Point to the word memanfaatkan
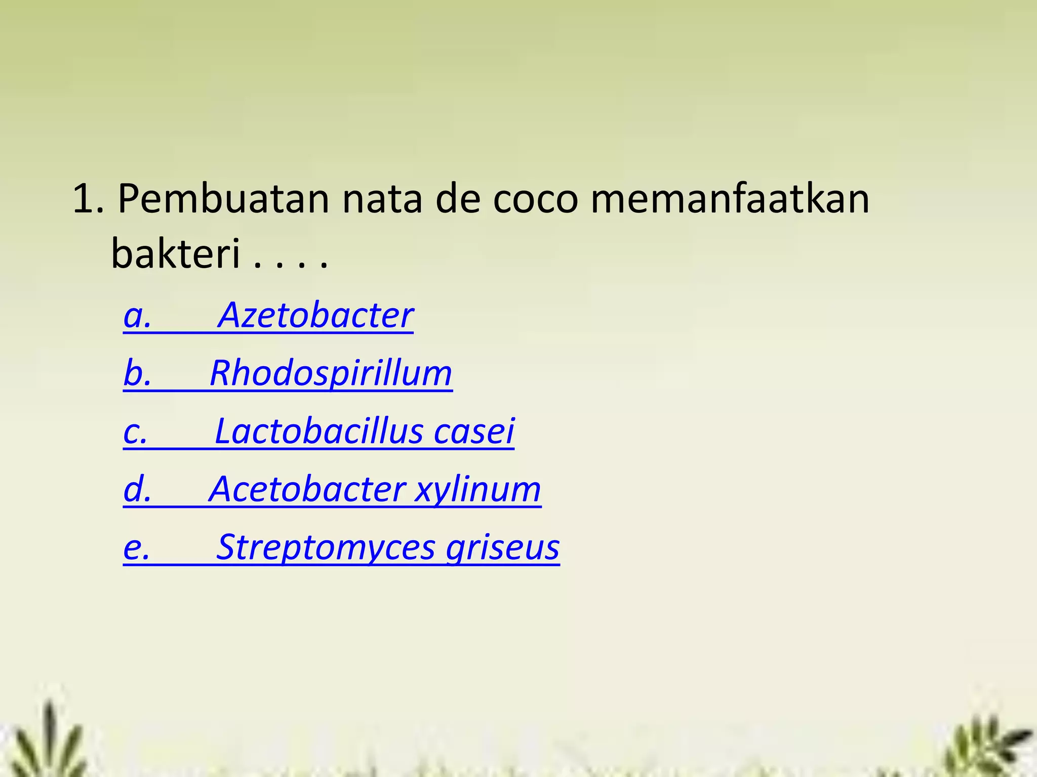(x=730, y=199)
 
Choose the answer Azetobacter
(x=315, y=316)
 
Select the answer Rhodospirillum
(x=331, y=374)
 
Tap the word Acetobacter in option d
(x=307, y=490)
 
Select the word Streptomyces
(x=326, y=548)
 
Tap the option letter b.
(x=136, y=374)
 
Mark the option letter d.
(x=136, y=490)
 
